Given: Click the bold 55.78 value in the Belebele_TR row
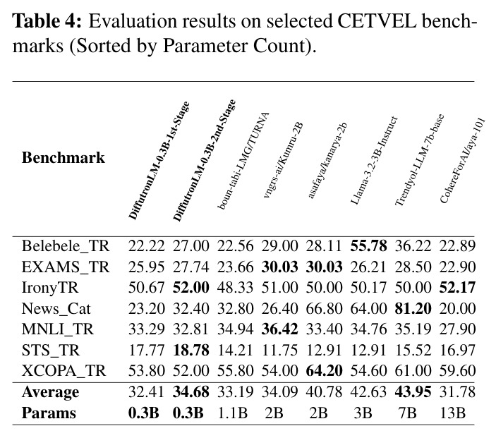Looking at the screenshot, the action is (x=368, y=245).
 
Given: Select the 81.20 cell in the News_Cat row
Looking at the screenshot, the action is (x=413, y=308).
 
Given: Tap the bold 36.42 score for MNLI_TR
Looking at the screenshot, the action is (x=279, y=329).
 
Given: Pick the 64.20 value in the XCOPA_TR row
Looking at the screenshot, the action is (x=325, y=370).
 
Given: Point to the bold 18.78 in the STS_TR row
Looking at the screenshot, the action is (x=191, y=350).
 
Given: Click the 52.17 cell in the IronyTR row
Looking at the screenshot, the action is (x=457, y=288).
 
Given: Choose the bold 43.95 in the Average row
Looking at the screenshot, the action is (x=413, y=392).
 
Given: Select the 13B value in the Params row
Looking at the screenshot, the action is (x=453, y=413).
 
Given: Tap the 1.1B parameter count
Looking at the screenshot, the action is (x=232, y=413).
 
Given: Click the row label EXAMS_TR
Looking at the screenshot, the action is (x=66, y=267).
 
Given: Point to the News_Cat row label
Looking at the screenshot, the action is (x=56, y=309).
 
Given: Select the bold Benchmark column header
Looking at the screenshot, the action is (x=63, y=157).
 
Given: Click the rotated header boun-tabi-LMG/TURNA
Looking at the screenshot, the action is (x=243, y=161).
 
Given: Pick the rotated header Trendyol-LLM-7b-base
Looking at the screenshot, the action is (x=420, y=159).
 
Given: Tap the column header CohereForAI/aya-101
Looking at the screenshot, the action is (x=462, y=160).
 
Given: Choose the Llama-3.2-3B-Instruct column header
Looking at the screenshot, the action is (x=374, y=160).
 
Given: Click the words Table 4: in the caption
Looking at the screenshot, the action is (x=47, y=21).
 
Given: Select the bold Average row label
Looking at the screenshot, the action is (x=50, y=392).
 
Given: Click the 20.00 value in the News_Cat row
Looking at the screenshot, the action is (x=457, y=308).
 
